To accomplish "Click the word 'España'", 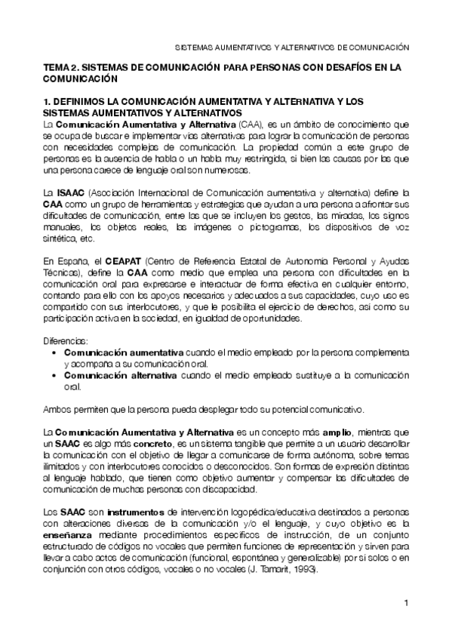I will coord(67,260).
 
